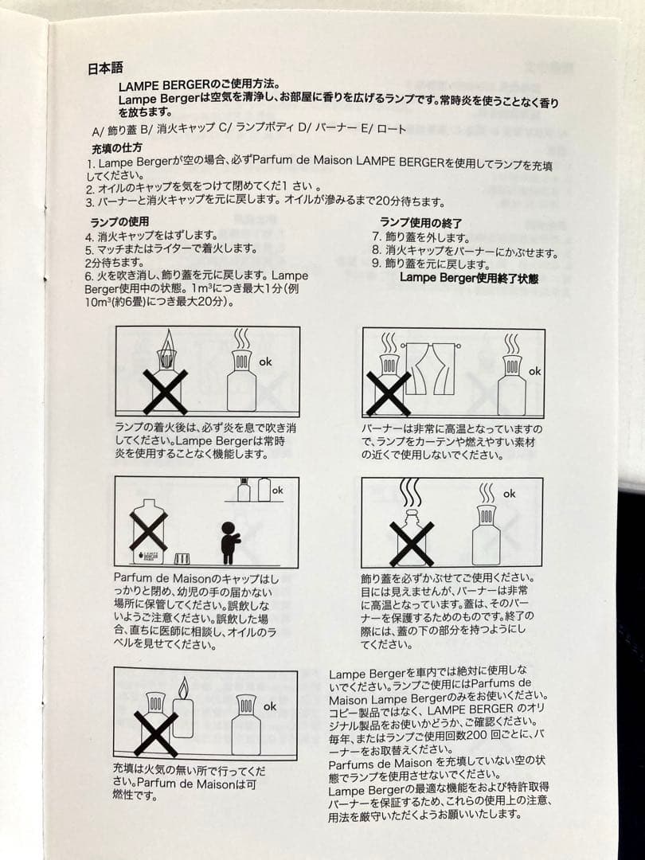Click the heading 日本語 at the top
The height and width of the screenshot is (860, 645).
tap(104, 68)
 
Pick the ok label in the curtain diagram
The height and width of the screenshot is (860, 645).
tap(535, 371)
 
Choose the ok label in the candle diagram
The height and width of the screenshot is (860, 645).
tap(270, 706)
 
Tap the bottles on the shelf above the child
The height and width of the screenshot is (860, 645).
tap(254, 490)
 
